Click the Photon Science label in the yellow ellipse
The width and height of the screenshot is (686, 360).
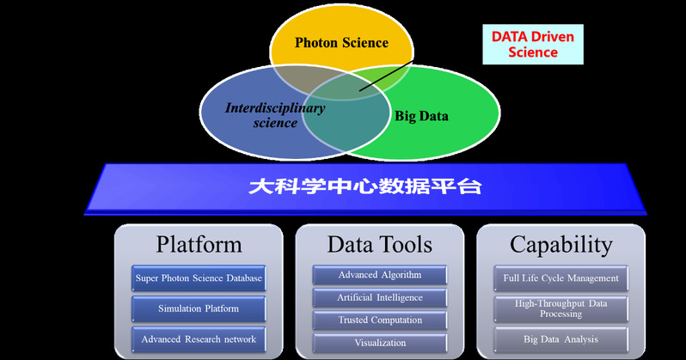tap(341, 42)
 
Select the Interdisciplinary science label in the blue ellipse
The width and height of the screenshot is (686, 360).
tap(261, 115)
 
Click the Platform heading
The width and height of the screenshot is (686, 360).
tap(199, 244)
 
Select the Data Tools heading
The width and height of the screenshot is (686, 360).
tap(379, 244)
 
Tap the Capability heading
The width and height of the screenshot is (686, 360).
tap(560, 244)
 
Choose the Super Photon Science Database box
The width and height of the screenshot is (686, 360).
tap(199, 278)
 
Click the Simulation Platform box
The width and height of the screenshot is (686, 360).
tap(199, 308)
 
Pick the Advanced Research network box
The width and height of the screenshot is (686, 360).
tap(199, 339)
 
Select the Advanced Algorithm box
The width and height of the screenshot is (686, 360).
tap(379, 275)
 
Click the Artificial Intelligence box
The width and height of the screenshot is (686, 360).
tap(379, 297)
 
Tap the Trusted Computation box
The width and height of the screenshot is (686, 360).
tap(379, 320)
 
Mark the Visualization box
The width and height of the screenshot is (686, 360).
tap(379, 342)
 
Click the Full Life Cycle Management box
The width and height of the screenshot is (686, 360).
tap(560, 278)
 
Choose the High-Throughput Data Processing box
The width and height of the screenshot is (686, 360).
tap(560, 308)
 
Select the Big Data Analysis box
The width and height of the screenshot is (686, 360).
tap(560, 339)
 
